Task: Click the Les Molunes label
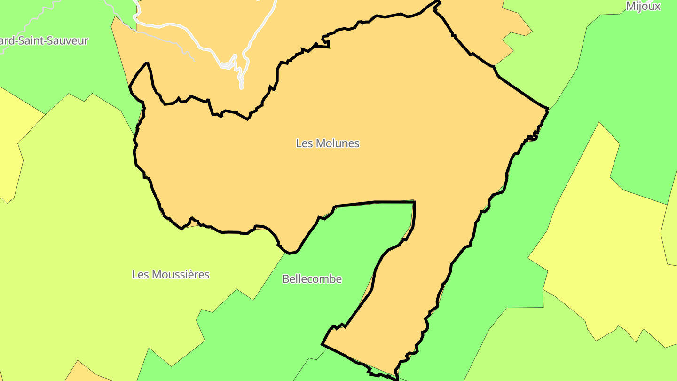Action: pos(328,143)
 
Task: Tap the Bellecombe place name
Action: pos(312,279)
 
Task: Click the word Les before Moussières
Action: pos(140,274)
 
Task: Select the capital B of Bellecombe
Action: pos(285,279)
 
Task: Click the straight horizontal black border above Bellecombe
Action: pos(390,202)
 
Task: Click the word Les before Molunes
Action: pos(303,143)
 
